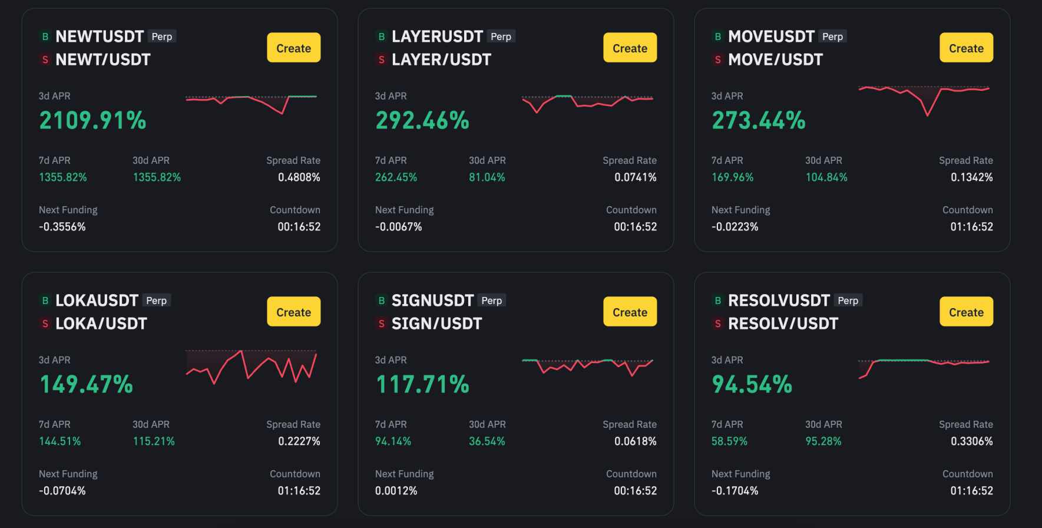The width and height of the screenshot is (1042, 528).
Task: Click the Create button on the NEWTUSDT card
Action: click(x=293, y=48)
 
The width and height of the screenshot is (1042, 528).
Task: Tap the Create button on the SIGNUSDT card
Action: click(x=630, y=312)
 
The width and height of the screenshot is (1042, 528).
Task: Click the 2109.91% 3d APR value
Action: click(x=92, y=120)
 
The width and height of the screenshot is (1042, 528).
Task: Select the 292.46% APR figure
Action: click(x=422, y=120)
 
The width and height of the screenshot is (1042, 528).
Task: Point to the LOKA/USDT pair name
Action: click(x=101, y=324)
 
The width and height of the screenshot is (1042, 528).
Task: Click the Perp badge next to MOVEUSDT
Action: click(x=832, y=37)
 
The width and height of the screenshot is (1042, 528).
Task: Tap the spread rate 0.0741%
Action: click(x=635, y=177)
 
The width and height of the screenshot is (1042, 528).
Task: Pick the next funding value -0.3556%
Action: click(x=62, y=227)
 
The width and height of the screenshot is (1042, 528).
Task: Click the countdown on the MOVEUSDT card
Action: click(x=971, y=227)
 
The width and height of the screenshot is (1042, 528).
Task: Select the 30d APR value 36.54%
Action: click(x=487, y=441)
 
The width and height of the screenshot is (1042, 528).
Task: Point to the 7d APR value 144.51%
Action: click(x=59, y=441)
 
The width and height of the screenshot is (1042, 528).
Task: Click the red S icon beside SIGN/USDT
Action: click(x=381, y=324)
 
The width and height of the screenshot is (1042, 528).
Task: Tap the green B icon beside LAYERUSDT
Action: click(x=381, y=37)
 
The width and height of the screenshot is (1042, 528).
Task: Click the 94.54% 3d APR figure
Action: click(x=752, y=384)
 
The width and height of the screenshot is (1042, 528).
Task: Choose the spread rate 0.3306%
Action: click(x=971, y=441)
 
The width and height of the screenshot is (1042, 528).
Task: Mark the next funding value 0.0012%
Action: click(x=396, y=491)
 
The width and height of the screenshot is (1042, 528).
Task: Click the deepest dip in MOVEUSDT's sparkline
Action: click(x=927, y=114)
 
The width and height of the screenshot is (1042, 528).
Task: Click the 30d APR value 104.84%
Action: click(x=826, y=177)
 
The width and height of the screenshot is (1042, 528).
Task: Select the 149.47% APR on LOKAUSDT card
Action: click(x=86, y=384)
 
